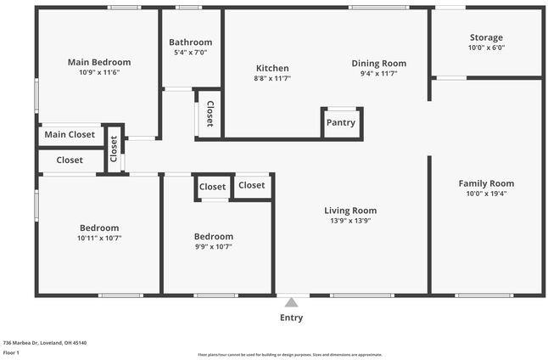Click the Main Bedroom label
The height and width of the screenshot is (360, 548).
pyautogui.click(x=99, y=62)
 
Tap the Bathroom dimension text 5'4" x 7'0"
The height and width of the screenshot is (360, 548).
pyautogui.click(x=190, y=53)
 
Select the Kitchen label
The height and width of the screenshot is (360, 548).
pyautogui.click(x=272, y=69)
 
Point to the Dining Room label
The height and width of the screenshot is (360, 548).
pyautogui.click(x=379, y=63)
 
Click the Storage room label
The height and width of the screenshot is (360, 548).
pyautogui.click(x=486, y=37)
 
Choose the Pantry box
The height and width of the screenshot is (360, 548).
pyautogui.click(x=341, y=122)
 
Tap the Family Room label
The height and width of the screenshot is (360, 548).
pyautogui.click(x=486, y=183)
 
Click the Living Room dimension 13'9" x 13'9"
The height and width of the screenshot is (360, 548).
pyautogui.click(x=350, y=221)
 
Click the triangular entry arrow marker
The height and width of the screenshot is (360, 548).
pyautogui.click(x=291, y=302)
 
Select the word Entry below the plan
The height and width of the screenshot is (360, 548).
pyautogui.click(x=291, y=318)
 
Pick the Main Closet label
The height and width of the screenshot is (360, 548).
pyautogui.click(x=70, y=134)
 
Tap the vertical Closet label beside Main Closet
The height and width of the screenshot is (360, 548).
pyautogui.click(x=114, y=148)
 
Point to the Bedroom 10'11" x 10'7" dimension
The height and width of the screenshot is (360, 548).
pyautogui.click(x=99, y=238)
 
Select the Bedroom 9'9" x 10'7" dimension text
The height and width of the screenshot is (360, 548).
pyautogui.click(x=213, y=247)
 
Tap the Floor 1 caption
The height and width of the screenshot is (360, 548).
pyautogui.click(x=11, y=352)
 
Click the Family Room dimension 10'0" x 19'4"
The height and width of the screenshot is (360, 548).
pyautogui.click(x=486, y=194)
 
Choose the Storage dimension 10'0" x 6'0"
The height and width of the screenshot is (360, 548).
pyautogui.click(x=486, y=48)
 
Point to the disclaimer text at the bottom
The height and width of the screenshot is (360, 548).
pyautogui.click(x=290, y=355)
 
